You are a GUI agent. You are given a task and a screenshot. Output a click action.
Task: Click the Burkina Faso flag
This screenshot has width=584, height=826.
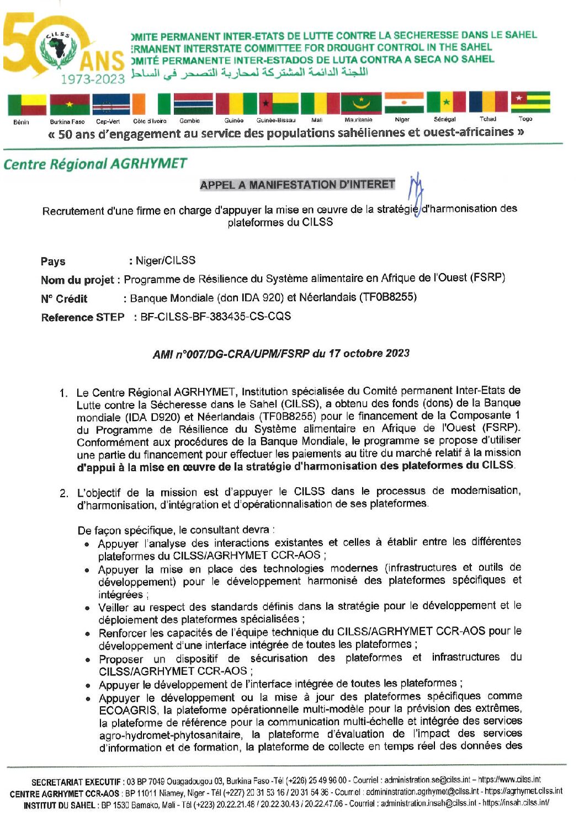tap(69, 104)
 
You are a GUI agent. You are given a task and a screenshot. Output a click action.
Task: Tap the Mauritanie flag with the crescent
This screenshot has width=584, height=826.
tap(361, 103)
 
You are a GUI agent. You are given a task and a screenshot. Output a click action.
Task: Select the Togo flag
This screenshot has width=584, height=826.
tap(530, 103)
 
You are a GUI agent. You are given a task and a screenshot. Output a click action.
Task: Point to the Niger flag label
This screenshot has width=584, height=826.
tap(402, 119)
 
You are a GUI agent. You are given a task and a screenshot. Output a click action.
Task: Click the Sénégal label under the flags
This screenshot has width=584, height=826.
tap(444, 119)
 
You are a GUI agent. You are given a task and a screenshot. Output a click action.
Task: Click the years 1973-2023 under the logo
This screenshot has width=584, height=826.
tap(93, 79)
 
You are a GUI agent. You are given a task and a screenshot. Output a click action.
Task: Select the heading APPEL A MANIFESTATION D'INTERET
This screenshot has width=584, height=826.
tap(298, 185)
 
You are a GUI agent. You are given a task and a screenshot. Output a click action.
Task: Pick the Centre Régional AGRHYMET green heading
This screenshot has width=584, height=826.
tap(95, 164)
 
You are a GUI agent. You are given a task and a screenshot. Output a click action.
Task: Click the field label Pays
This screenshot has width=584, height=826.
tap(53, 262)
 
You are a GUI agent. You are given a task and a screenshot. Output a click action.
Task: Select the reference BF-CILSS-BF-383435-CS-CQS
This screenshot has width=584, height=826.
tap(216, 317)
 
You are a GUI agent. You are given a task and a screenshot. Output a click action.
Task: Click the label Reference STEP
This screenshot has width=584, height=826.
tap(83, 317)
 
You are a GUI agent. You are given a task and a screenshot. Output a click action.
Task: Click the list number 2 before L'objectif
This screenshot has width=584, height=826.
tap(64, 493)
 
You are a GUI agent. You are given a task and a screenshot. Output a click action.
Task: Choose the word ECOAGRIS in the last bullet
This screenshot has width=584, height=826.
tap(128, 711)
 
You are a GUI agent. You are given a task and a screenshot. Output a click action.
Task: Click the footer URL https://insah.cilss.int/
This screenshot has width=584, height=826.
tap(516, 803)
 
